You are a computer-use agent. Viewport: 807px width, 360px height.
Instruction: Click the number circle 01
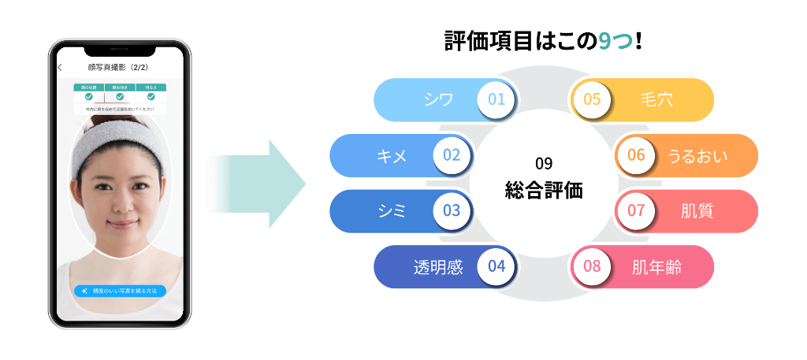(x=496, y=100)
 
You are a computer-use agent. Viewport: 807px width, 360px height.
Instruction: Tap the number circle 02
(x=452, y=155)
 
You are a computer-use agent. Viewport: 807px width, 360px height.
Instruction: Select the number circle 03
(x=452, y=210)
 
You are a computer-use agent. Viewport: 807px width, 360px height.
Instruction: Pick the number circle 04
(x=496, y=266)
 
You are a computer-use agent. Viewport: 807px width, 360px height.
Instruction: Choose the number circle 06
(x=636, y=155)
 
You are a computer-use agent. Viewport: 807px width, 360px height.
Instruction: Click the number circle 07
(x=636, y=210)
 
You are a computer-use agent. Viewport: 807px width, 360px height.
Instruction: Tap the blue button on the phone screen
(x=121, y=291)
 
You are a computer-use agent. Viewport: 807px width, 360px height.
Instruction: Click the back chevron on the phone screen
(x=61, y=67)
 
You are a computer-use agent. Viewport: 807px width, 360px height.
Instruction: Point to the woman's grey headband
(x=120, y=138)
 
